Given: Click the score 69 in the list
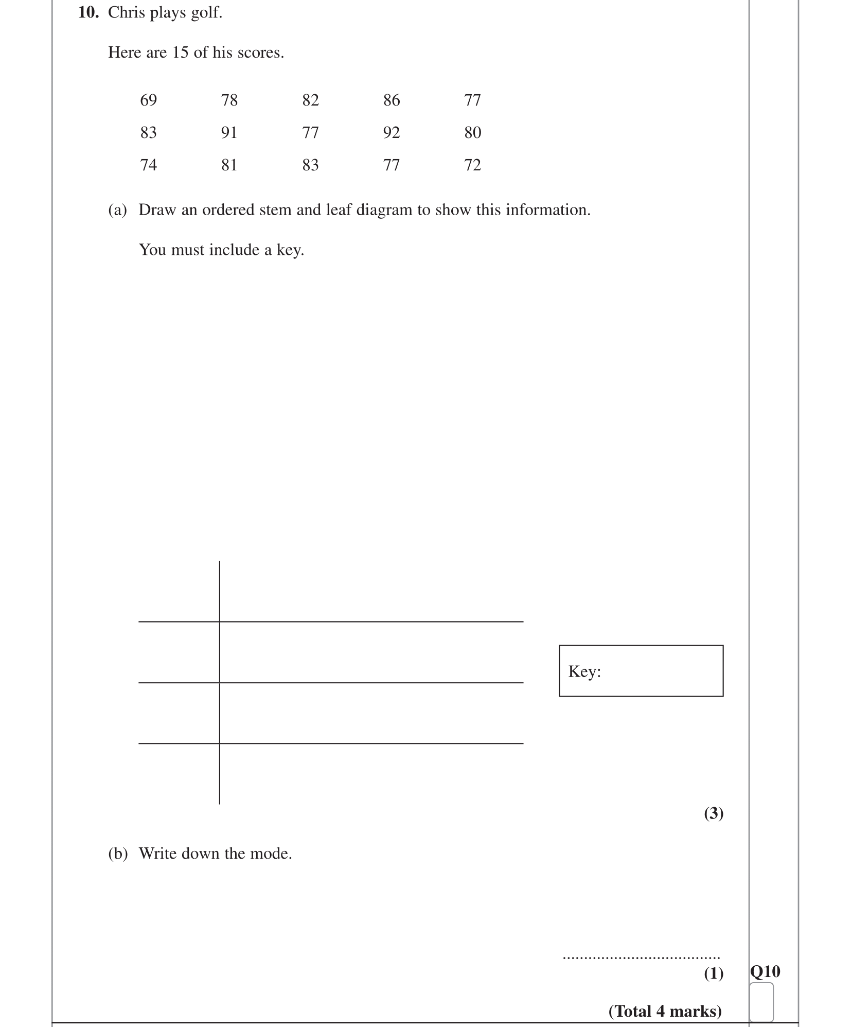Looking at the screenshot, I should pyautogui.click(x=148, y=100).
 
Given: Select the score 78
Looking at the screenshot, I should pyautogui.click(x=229, y=100).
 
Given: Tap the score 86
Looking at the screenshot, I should pyautogui.click(x=391, y=100).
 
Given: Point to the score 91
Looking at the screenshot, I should pyautogui.click(x=229, y=133).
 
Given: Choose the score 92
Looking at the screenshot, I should pyautogui.click(x=391, y=133).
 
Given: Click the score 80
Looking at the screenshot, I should pyautogui.click(x=472, y=133).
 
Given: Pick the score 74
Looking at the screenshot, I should pyautogui.click(x=148, y=165).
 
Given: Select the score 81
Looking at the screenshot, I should pyautogui.click(x=229, y=165).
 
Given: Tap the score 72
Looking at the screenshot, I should pyautogui.click(x=472, y=165).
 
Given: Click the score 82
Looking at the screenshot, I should pyautogui.click(x=310, y=100).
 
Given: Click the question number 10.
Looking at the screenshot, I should pyautogui.click(x=88, y=12).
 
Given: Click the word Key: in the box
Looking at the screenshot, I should pyautogui.click(x=584, y=671).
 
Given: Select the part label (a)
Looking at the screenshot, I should pyautogui.click(x=117, y=210).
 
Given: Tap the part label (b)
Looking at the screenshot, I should pyautogui.click(x=118, y=854).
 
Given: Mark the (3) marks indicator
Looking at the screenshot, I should pyautogui.click(x=713, y=813).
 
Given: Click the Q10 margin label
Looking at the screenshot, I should pyautogui.click(x=765, y=971).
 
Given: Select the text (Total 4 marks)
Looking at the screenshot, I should pyautogui.click(x=665, y=1011).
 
